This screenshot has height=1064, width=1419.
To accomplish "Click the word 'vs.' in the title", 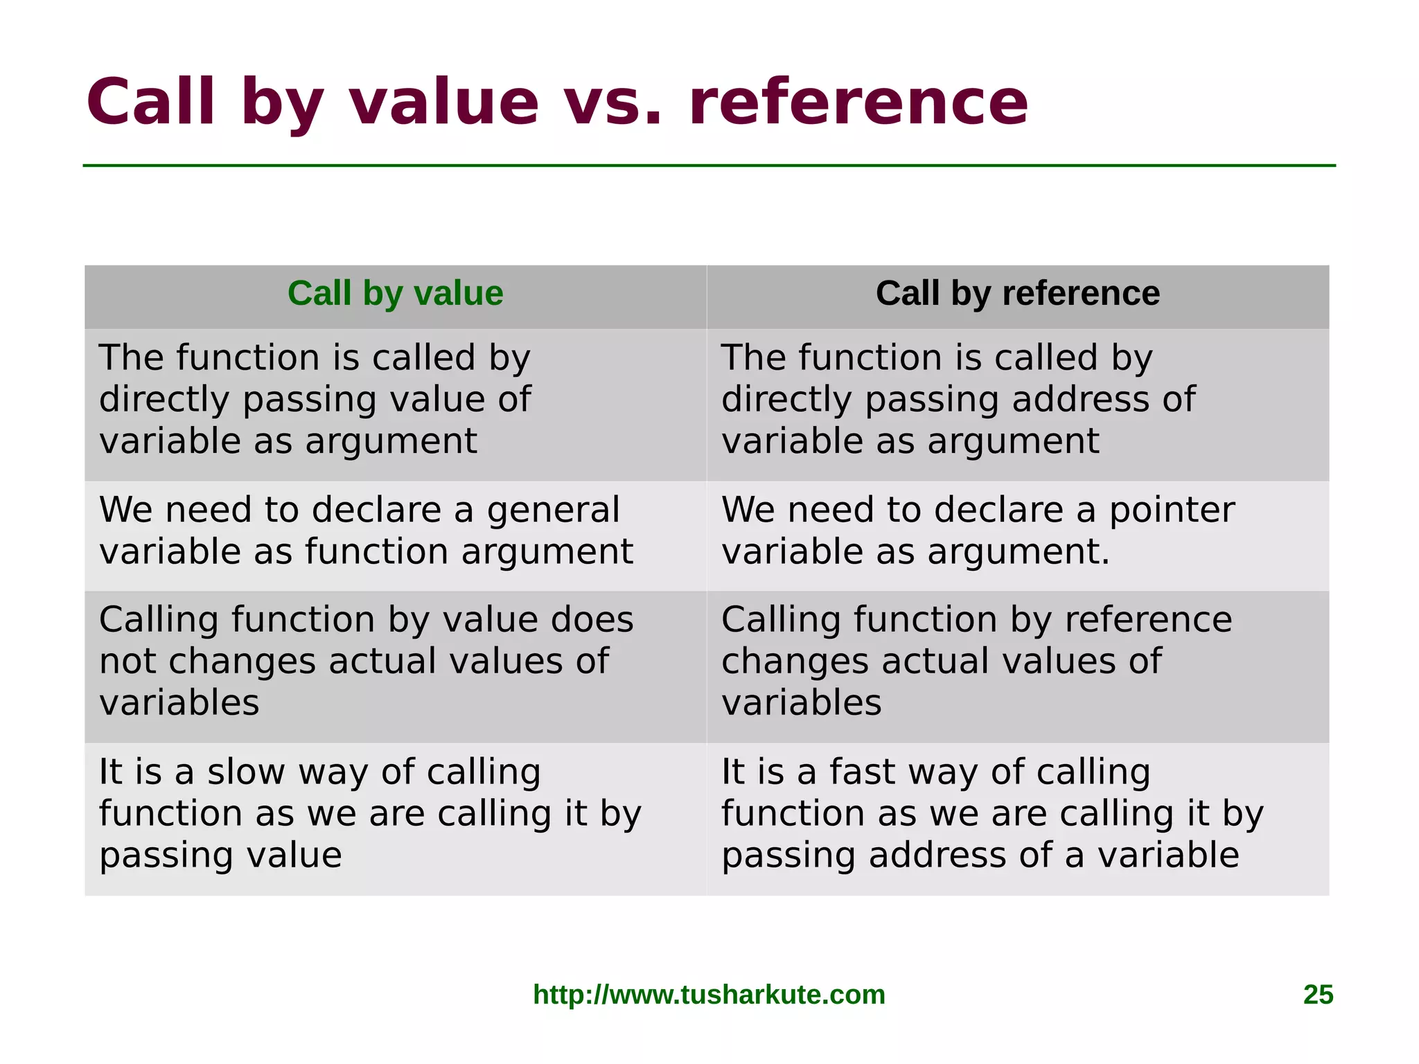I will click(x=610, y=103).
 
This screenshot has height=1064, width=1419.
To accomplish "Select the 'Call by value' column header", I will click(x=395, y=294).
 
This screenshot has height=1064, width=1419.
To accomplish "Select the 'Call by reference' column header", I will click(x=1017, y=294).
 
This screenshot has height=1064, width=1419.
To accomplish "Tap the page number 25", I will click(x=1318, y=995).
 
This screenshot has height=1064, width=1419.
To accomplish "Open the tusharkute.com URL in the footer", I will click(x=709, y=995).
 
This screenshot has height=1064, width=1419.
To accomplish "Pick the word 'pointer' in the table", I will click(x=1172, y=511).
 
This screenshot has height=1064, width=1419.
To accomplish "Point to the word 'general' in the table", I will click(x=553, y=511).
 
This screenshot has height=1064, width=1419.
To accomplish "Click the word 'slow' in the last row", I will click(x=245, y=772).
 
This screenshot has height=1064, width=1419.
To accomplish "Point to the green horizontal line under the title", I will click(x=709, y=166).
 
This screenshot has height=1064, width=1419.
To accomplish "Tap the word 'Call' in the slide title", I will click(x=151, y=103).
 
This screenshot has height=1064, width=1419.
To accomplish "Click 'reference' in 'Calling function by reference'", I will click(x=1148, y=619).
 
